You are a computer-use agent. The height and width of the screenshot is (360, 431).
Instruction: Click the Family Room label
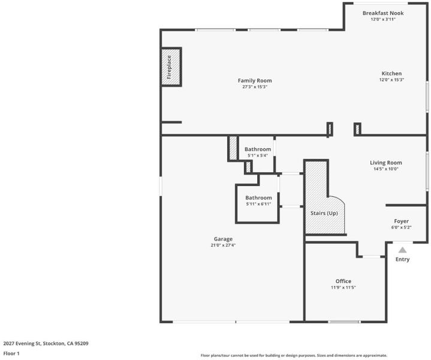[x=255, y=80]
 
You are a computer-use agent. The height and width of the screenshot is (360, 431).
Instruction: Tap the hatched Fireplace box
[x=171, y=67]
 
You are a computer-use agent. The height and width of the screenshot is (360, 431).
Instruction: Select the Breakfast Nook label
[x=383, y=13]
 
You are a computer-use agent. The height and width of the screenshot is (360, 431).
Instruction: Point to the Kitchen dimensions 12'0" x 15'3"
[x=391, y=80]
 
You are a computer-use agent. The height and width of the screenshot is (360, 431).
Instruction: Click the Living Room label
[x=385, y=163]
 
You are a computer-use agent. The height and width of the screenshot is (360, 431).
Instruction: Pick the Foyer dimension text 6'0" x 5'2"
[x=401, y=227]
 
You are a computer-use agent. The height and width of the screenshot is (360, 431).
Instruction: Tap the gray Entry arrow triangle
[x=402, y=250]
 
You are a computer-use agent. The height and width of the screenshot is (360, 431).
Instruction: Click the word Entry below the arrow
[x=402, y=259]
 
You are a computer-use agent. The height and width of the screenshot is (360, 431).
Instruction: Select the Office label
[x=343, y=281]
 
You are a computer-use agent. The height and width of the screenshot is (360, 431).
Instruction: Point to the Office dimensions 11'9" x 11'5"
[x=343, y=287]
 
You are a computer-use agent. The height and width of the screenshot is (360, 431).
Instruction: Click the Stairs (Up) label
[x=324, y=213]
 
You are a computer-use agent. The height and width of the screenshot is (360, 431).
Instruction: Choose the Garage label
[x=223, y=239]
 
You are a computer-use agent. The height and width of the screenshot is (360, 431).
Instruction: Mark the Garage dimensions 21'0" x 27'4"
[x=223, y=245]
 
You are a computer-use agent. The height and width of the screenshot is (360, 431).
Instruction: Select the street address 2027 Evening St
[x=22, y=343]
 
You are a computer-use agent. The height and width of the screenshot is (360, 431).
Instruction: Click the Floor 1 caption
[x=11, y=353]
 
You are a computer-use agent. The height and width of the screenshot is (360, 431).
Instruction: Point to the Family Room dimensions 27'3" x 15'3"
[x=255, y=87]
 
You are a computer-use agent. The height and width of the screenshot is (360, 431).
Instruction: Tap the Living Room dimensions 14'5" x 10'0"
[x=385, y=169]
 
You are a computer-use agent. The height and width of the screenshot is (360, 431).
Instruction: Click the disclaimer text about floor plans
[x=294, y=355]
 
